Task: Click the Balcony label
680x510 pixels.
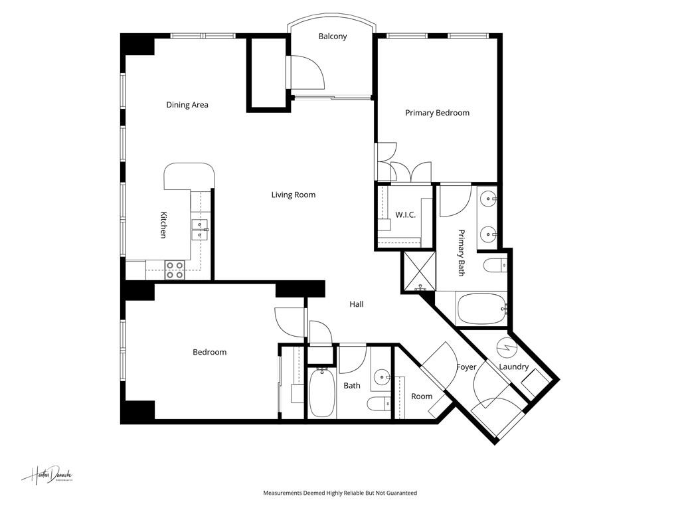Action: tap(332, 37)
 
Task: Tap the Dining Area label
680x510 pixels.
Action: tap(187, 105)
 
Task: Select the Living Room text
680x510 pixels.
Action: tap(293, 195)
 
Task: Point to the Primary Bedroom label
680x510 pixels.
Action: tap(437, 113)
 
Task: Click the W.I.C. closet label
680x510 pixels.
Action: tap(405, 214)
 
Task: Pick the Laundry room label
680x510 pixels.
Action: tap(513, 367)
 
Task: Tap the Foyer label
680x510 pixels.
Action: tap(467, 367)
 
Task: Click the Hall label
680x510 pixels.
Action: tap(357, 304)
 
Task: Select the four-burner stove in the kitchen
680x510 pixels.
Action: tap(175, 270)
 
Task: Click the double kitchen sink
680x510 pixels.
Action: tap(199, 230)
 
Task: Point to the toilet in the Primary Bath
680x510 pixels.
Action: tap(495, 266)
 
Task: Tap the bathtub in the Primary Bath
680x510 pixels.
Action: tap(482, 309)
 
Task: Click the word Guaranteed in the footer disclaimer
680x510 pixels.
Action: tap(398, 493)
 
